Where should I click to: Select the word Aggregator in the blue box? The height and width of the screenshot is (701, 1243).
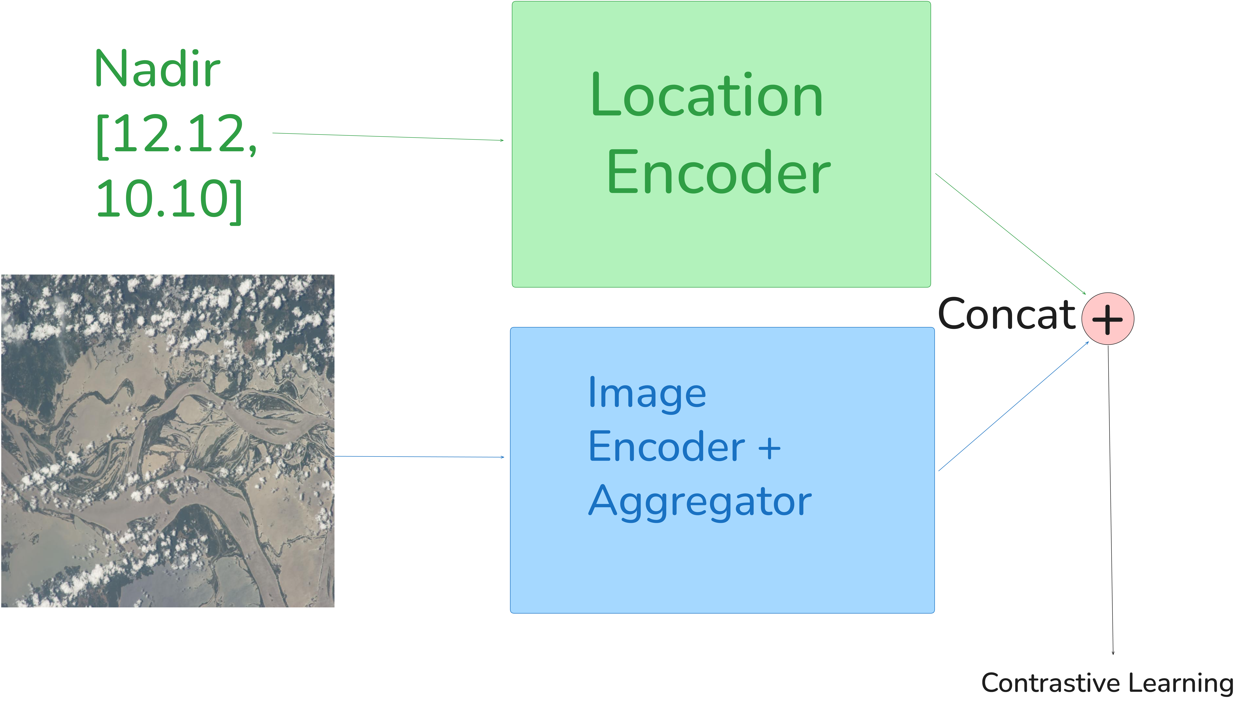[700, 501]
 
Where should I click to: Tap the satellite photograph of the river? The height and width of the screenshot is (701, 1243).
[167, 441]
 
